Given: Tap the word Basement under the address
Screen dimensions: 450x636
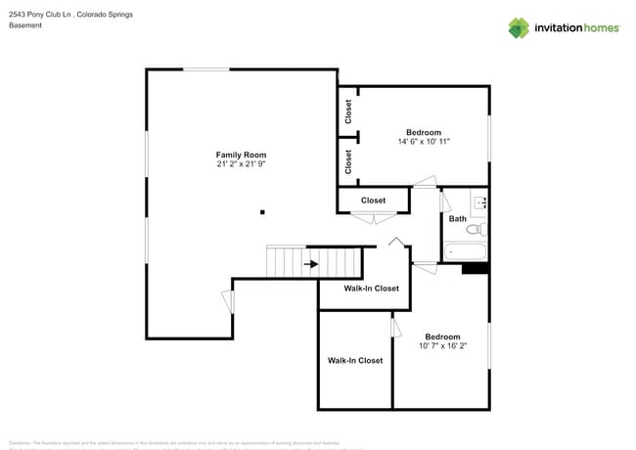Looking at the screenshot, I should click(x=25, y=25).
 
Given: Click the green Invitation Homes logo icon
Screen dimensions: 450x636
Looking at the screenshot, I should click(x=519, y=27).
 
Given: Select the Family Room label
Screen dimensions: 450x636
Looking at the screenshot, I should click(x=241, y=155).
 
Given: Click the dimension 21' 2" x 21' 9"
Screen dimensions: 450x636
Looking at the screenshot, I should click(x=241, y=164).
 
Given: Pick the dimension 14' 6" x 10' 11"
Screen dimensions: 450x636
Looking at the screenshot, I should click(x=424, y=142).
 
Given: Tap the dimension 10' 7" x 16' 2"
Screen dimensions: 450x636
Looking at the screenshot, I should click(x=442, y=345).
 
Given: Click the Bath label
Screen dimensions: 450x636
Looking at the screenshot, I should click(x=457, y=218).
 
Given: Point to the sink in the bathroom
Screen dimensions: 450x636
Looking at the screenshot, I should click(x=480, y=202).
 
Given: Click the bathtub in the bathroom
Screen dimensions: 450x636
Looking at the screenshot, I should click(x=466, y=252).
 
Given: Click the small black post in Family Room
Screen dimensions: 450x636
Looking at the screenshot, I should click(x=262, y=211).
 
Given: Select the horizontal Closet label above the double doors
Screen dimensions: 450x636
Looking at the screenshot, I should click(x=373, y=201).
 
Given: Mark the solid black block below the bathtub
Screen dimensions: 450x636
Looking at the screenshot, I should click(x=474, y=268).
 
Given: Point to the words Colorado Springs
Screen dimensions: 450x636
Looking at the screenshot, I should click(x=106, y=15).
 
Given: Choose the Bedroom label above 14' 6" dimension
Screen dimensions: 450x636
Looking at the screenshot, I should click(x=424, y=132).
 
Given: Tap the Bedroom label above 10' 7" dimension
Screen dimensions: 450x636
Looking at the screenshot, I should click(x=442, y=337).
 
